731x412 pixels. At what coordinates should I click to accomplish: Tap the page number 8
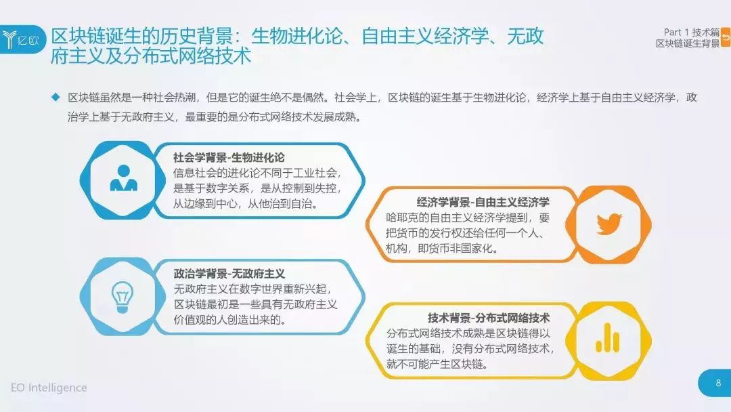(718, 383)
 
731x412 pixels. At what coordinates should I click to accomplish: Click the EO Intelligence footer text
(49, 388)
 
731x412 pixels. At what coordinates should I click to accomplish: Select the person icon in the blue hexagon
(124, 178)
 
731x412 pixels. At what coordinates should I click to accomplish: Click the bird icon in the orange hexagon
(609, 224)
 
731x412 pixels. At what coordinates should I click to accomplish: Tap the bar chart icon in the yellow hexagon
(607, 338)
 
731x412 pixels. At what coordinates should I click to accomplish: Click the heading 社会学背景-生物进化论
(229, 158)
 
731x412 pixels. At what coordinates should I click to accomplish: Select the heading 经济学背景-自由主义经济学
(483, 202)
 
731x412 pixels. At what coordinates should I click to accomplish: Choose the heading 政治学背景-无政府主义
(229, 273)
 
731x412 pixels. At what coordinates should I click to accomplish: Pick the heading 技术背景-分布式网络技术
(489, 318)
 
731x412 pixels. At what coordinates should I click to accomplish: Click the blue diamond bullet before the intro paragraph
(56, 97)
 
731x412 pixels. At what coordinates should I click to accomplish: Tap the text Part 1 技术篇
(691, 33)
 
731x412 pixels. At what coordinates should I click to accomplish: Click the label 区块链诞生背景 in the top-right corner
(688, 43)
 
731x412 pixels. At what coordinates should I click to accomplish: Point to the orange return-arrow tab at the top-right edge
(726, 37)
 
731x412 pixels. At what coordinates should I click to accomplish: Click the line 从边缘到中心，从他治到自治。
(246, 203)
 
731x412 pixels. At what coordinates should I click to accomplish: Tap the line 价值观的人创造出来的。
(229, 320)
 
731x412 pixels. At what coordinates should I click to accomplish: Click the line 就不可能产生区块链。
(437, 364)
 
